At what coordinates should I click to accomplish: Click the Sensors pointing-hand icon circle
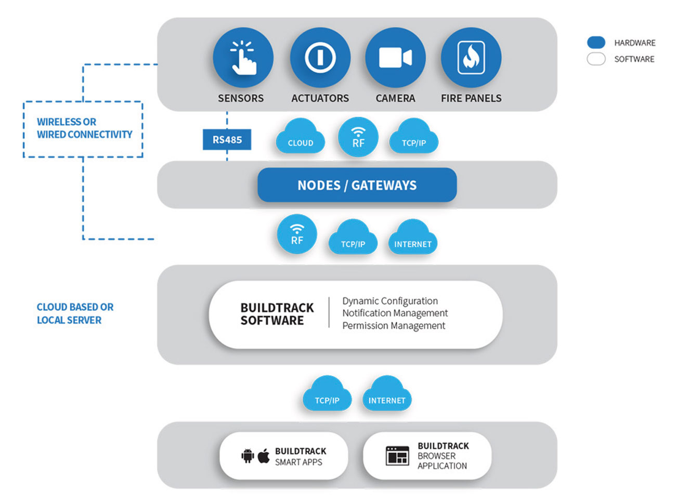pos(243,58)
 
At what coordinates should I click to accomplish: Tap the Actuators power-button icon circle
pos(320,58)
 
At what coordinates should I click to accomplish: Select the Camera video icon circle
pos(395,58)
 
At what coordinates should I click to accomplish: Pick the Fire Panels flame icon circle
pos(471,58)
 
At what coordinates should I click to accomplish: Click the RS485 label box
pos(227,139)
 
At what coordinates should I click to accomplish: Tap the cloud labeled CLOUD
pos(300,137)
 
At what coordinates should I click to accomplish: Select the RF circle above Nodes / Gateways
pos(358,137)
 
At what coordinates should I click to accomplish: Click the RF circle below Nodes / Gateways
pos(297,234)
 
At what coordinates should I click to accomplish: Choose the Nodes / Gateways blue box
pos(357,185)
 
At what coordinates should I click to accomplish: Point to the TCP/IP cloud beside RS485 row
pos(413,137)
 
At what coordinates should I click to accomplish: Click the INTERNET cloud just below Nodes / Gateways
pos(412,238)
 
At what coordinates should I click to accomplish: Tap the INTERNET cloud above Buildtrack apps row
pos(387,393)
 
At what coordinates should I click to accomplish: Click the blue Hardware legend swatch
pos(596,42)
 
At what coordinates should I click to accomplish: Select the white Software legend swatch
pos(596,59)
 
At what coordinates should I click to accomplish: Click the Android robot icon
pos(248,456)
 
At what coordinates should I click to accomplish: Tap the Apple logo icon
pos(264,456)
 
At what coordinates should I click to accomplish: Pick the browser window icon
pos(397,456)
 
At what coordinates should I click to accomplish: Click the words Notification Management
pos(395,313)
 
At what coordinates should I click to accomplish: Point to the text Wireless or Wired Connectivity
pos(84,128)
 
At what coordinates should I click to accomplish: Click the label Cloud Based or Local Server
pos(75,313)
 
